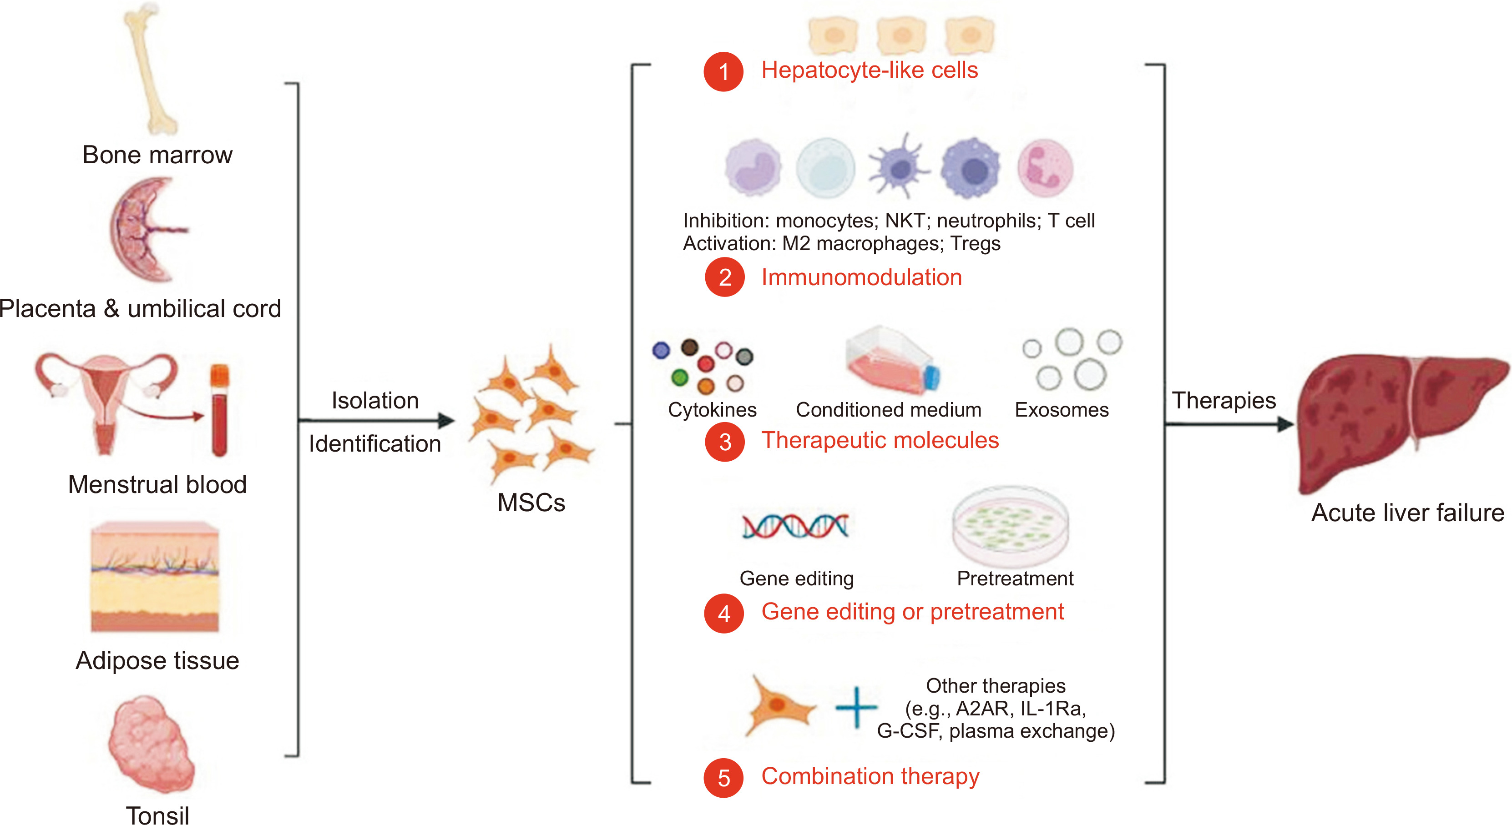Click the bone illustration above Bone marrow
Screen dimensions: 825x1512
click(x=150, y=67)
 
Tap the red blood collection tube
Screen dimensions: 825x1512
click(x=219, y=411)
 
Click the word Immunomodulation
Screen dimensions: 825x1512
click(x=861, y=277)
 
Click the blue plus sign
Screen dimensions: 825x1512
click(x=856, y=707)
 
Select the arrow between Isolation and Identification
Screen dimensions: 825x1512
click(x=376, y=420)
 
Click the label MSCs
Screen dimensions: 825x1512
click(x=531, y=503)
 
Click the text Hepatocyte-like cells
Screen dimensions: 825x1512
click(x=869, y=70)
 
